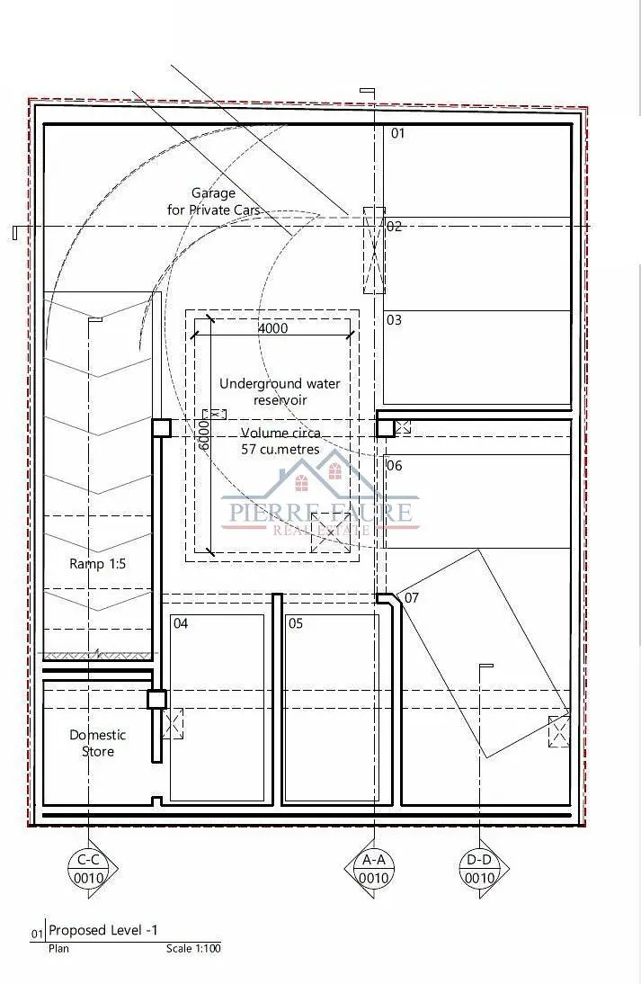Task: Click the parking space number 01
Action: pos(397,133)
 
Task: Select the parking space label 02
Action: pos(394,227)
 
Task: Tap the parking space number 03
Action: pos(394,320)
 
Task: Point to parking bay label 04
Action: pos(181,623)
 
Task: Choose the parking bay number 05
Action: pos(296,623)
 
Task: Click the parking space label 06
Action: pos(395,466)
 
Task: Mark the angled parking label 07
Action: pos(411,597)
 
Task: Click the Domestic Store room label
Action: pos(98,743)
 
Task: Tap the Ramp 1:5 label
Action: pos(97,564)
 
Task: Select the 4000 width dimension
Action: pos(272,328)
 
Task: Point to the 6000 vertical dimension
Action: pos(203,434)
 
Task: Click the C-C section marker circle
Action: pos(88,869)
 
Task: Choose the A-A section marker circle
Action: pos(374,869)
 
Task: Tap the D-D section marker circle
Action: pos(480,869)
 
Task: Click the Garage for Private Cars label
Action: pos(213,201)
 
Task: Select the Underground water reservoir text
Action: pos(280,391)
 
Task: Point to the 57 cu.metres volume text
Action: pos(280,450)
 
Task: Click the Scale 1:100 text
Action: pos(193,948)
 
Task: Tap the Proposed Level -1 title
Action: pos(103,930)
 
